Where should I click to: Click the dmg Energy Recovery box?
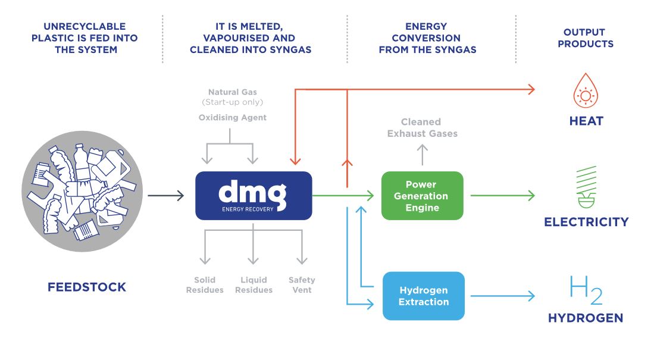pos(254,195)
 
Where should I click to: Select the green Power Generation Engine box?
pos(422,196)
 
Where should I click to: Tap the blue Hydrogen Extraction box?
pos(423,296)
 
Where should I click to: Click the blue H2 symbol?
pos(586,290)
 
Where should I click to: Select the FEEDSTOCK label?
pos(87,287)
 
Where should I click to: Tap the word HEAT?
pos(586,121)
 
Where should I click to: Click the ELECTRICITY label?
pos(586,222)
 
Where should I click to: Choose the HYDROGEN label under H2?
pos(586,318)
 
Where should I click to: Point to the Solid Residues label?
pos(205,285)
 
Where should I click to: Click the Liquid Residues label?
pos(254,285)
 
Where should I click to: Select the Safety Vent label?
pos(302,285)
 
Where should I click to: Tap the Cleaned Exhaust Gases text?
pos(422,127)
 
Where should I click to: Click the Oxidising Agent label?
pos(232,118)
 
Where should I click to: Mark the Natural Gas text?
pos(232,92)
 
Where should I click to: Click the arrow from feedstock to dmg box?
pos(166,195)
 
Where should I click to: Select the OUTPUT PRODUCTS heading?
pos(585,38)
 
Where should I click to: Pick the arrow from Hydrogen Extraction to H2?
pos(502,296)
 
